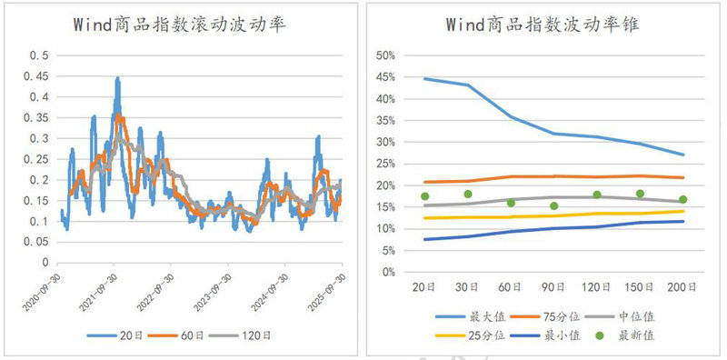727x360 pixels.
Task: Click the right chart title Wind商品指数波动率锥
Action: click(x=543, y=25)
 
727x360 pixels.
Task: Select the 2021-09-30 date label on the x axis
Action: click(x=107, y=285)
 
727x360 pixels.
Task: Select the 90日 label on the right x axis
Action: click(x=553, y=287)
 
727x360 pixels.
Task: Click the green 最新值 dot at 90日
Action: click(x=553, y=206)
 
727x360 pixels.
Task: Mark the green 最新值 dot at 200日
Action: click(x=682, y=199)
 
